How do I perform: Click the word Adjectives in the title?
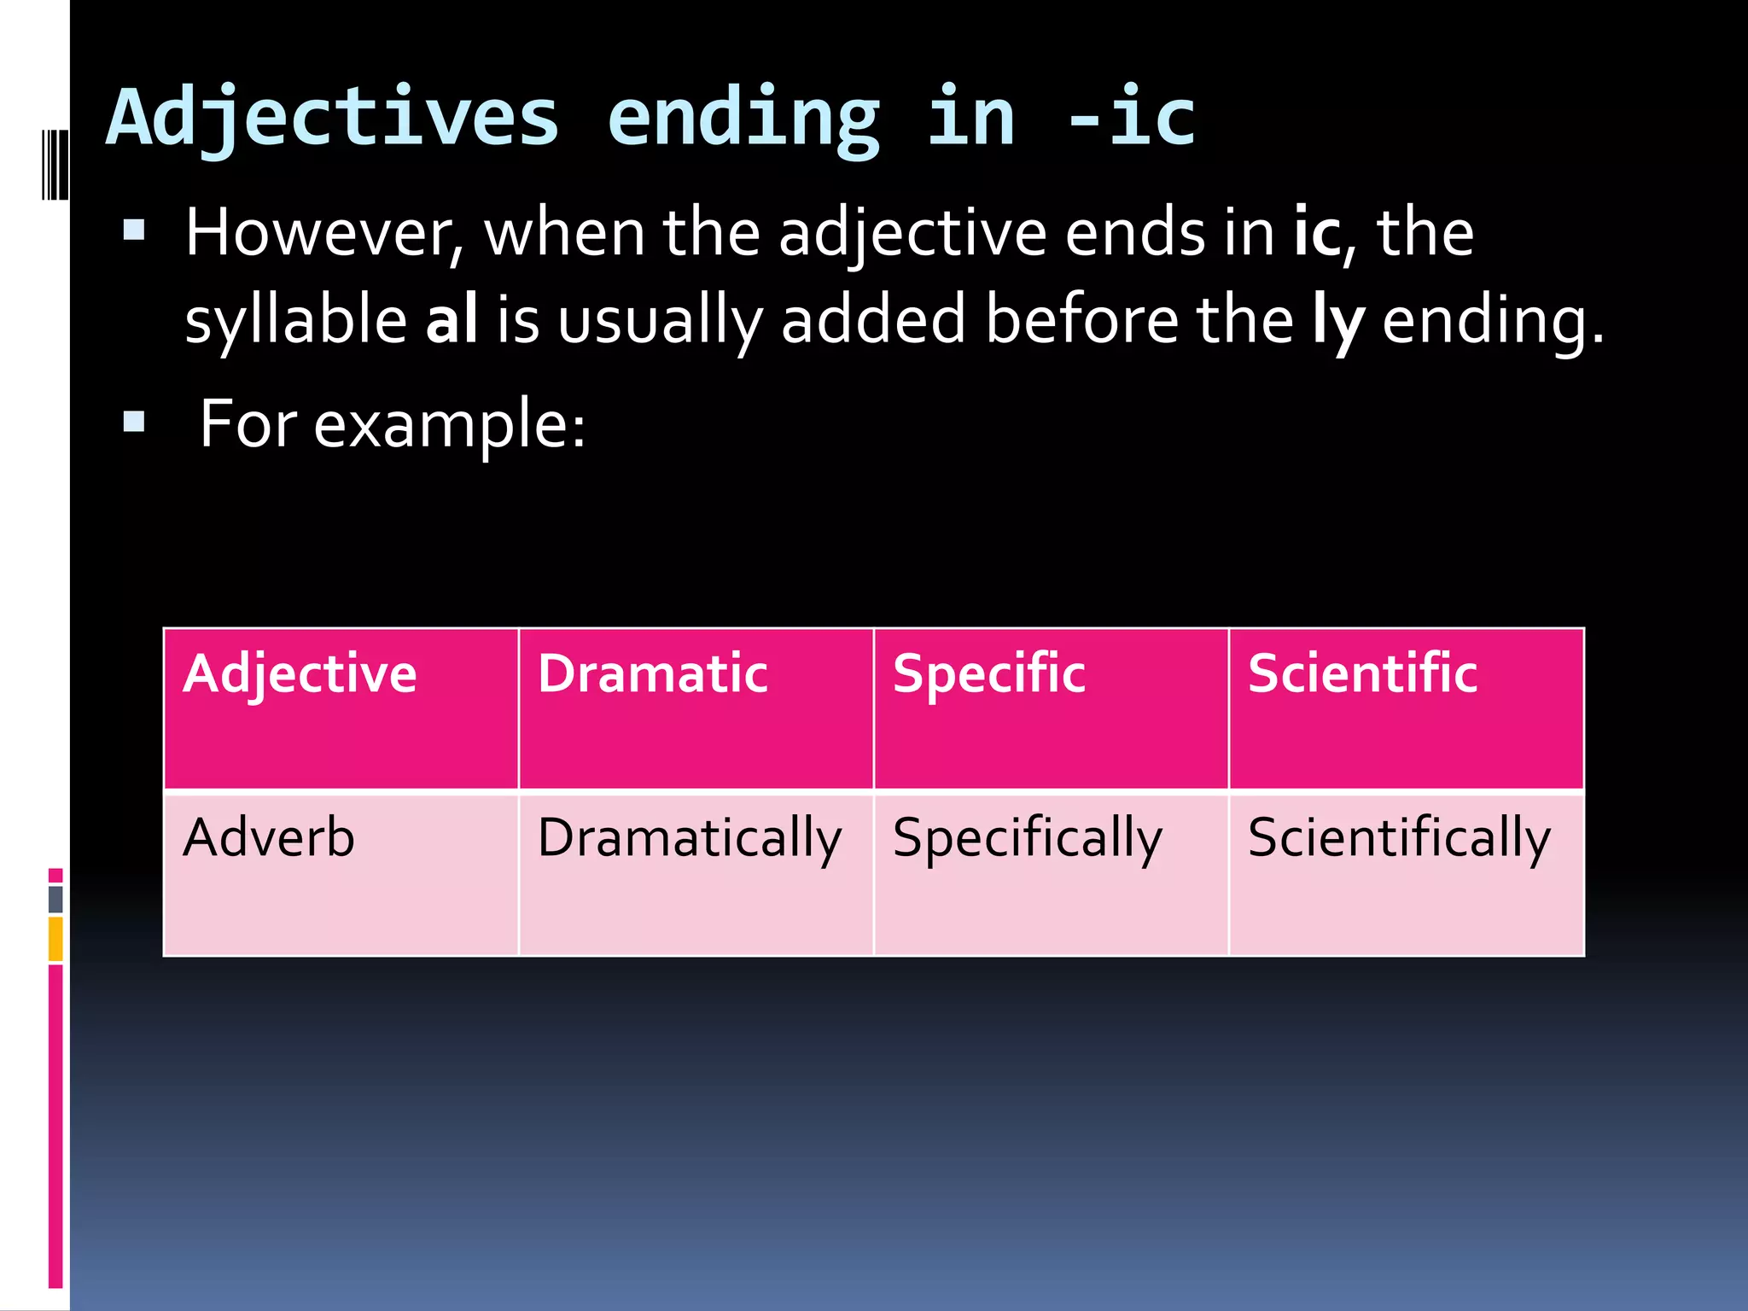coord(333,119)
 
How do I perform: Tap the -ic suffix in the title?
coord(1132,119)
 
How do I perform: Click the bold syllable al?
coord(452,319)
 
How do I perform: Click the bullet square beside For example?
coord(134,422)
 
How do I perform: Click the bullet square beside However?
coord(134,230)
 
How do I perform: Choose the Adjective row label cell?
coord(341,708)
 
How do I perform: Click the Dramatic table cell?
coord(696,708)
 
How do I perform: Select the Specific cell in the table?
coord(1051,708)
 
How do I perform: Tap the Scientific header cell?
coord(1406,708)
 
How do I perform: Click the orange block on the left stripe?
coord(55,938)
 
